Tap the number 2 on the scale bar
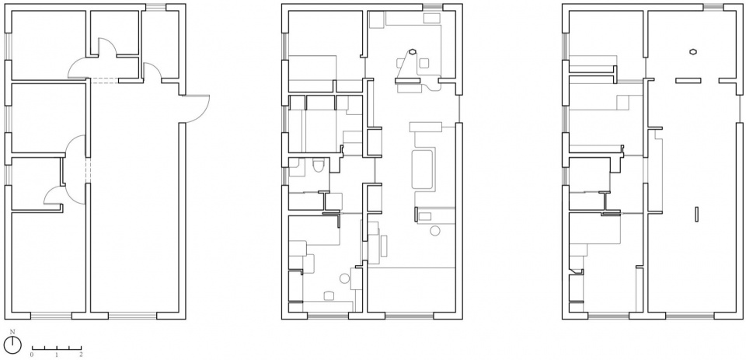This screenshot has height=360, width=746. click(x=81, y=355)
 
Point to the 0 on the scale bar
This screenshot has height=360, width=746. click(x=32, y=355)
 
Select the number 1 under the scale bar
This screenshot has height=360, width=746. click(x=57, y=355)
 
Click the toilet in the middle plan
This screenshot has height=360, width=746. click(x=319, y=166)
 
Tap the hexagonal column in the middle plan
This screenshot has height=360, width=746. click(x=413, y=51)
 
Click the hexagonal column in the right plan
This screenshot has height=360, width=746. click(x=693, y=51)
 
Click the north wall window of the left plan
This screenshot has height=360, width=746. click(x=155, y=7)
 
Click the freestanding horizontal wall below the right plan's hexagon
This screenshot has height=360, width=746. click(x=688, y=80)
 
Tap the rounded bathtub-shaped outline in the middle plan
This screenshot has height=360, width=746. click(x=423, y=170)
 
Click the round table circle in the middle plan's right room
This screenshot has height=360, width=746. click(x=435, y=231)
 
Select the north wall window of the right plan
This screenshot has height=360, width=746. click(x=713, y=7)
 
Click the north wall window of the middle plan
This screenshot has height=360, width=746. click(x=433, y=7)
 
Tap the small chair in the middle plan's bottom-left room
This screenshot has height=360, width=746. click(x=329, y=295)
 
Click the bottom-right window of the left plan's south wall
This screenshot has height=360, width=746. click(x=133, y=315)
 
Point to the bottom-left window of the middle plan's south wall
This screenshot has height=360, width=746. click(x=328, y=315)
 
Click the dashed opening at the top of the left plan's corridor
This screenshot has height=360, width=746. click(x=104, y=81)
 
